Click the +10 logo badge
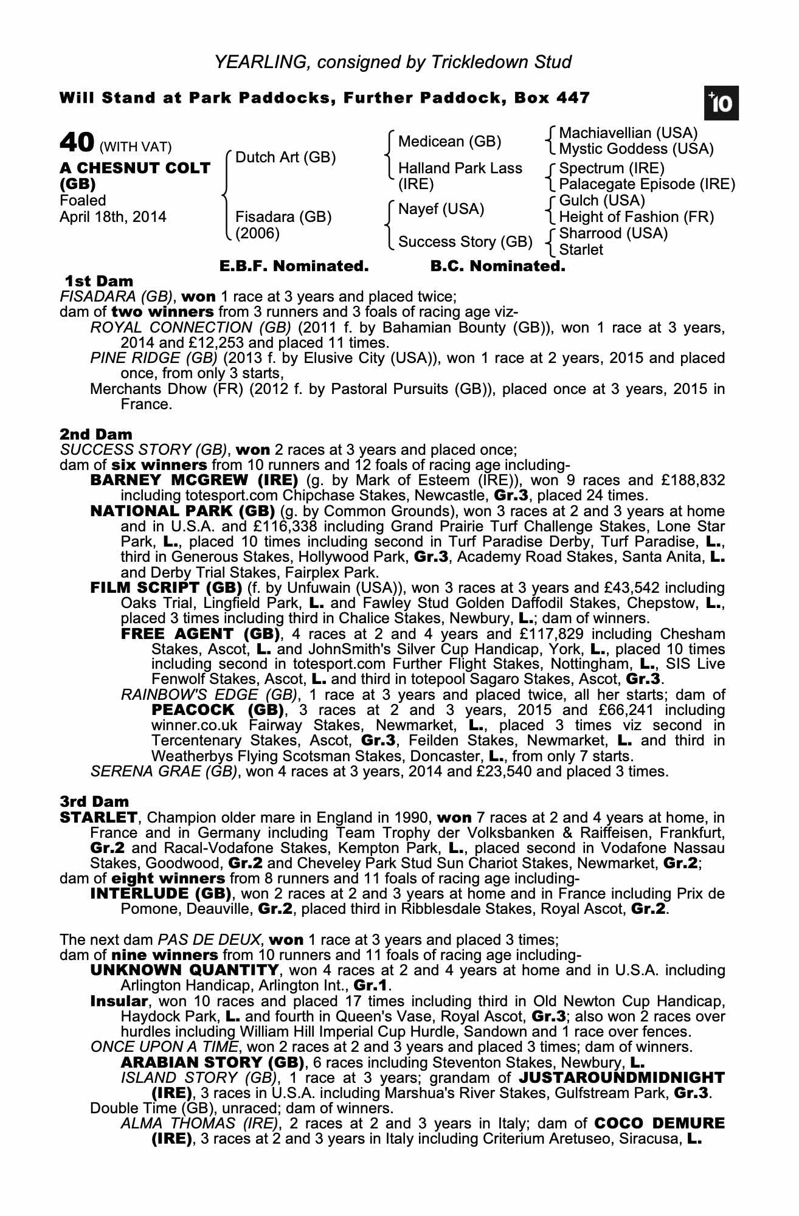click(x=721, y=103)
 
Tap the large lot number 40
click(x=77, y=143)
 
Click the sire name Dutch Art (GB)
click(x=285, y=157)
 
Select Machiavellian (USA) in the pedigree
click(x=628, y=133)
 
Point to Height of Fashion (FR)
click(x=636, y=217)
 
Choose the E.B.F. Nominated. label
click(x=294, y=266)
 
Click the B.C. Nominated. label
click(x=497, y=266)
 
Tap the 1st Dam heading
click(x=99, y=281)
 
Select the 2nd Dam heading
click(x=95, y=434)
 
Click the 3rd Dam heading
click(x=94, y=801)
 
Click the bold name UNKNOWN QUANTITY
click(x=184, y=970)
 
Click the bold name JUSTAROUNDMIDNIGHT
click(x=621, y=1077)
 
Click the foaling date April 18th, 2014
click(x=112, y=217)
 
